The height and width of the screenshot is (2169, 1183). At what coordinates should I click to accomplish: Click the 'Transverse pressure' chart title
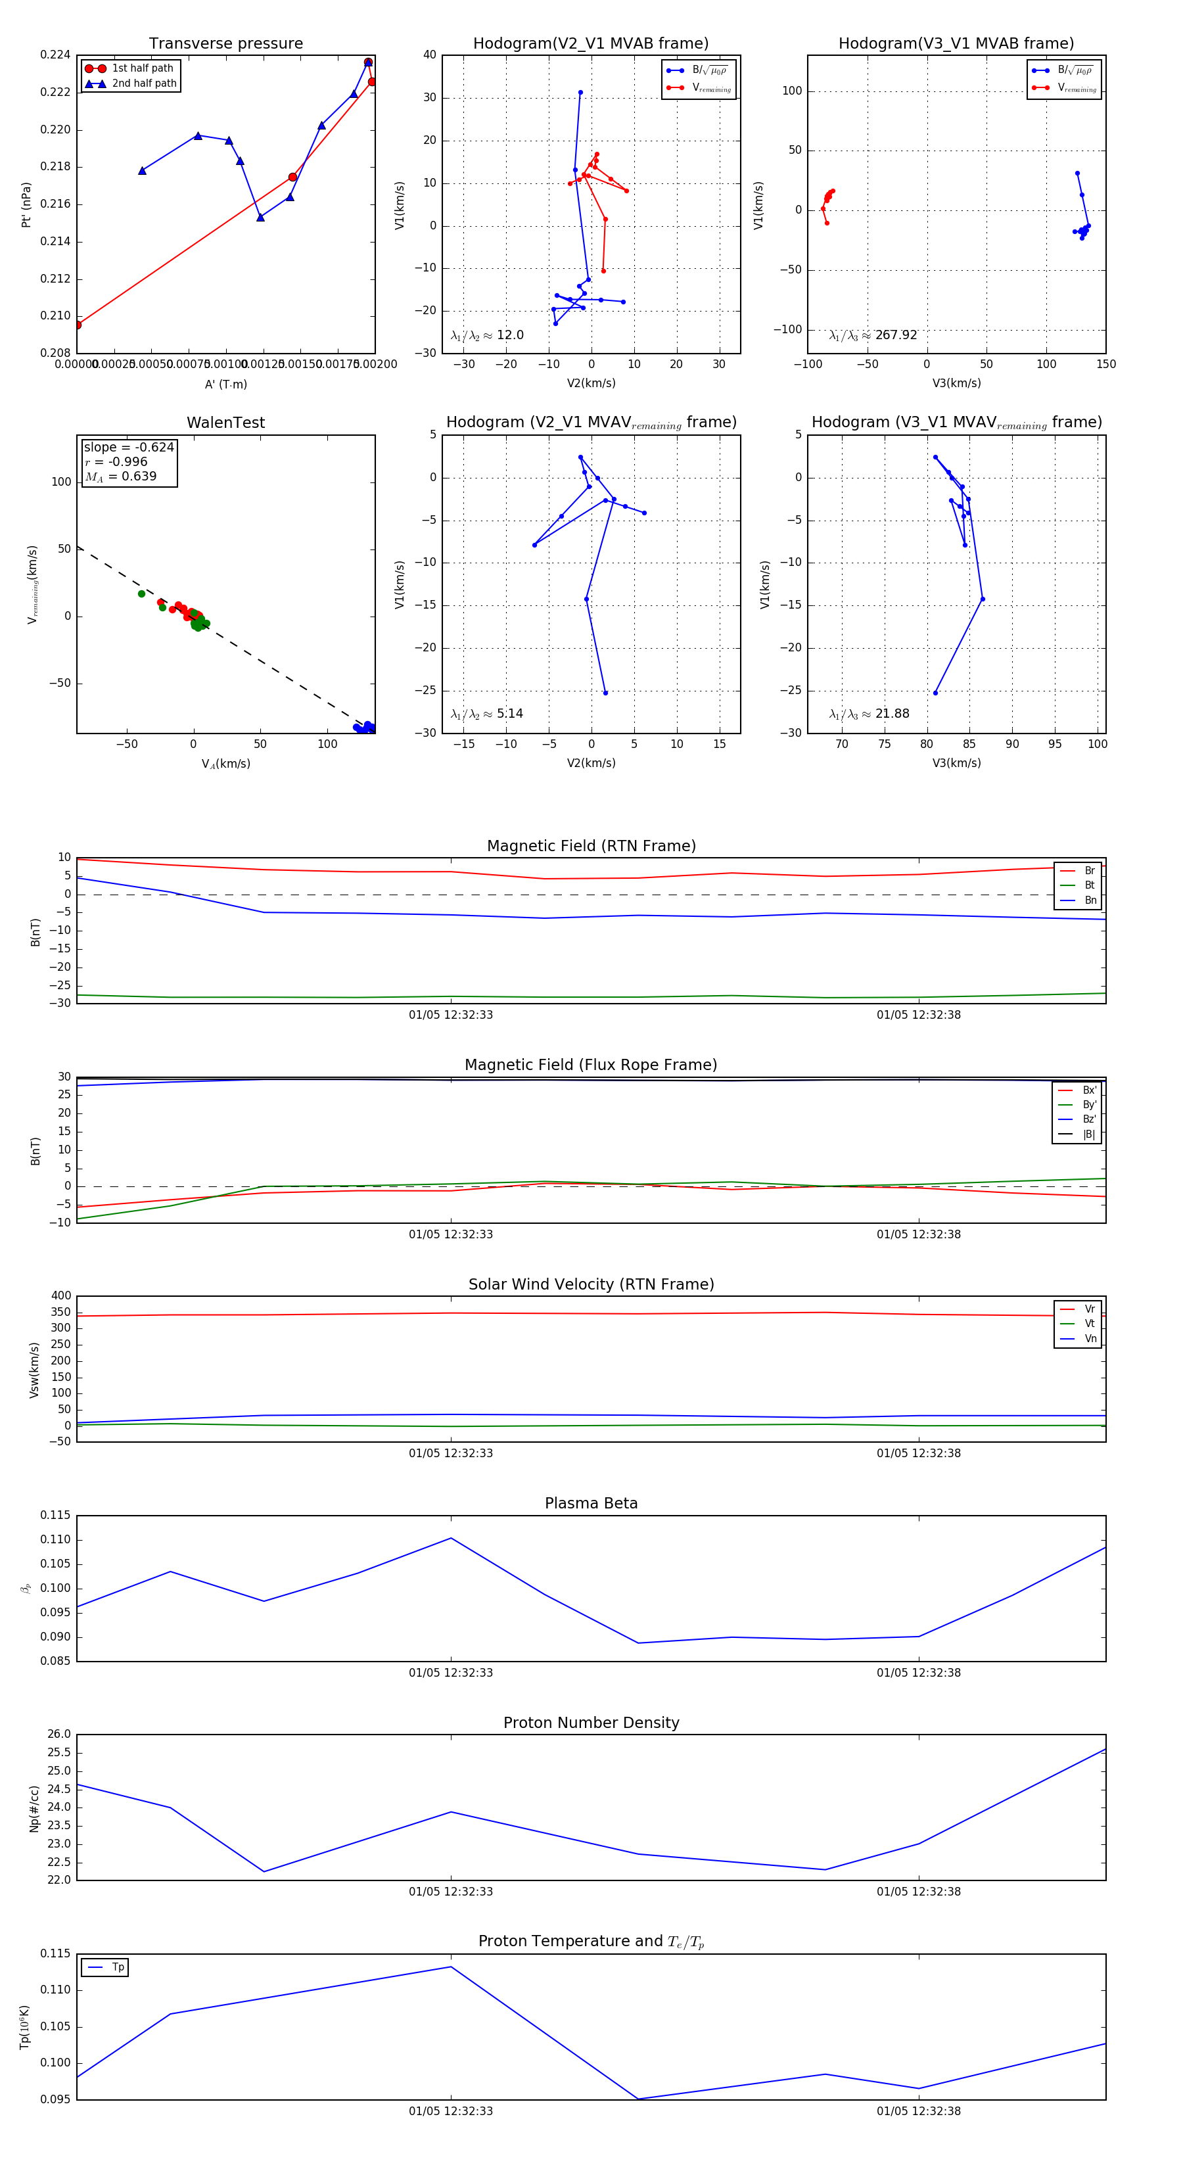click(225, 44)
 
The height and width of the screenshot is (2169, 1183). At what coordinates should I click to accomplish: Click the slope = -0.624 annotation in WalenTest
click(129, 447)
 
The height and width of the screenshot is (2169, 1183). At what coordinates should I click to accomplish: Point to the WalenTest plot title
click(225, 423)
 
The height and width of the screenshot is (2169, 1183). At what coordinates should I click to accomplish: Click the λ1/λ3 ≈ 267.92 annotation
click(873, 335)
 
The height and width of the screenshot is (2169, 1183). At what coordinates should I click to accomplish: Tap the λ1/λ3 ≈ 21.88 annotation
click(869, 714)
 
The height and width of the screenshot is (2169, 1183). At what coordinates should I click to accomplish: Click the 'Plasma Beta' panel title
click(591, 1504)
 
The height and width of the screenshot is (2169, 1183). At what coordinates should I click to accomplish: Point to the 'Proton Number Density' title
click(591, 1723)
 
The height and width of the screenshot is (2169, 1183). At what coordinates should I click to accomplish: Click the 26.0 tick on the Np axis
click(59, 1735)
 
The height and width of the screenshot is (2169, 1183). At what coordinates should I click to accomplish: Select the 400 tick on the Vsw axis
click(60, 1296)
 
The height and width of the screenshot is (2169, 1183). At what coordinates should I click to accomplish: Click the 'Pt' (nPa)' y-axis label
click(26, 204)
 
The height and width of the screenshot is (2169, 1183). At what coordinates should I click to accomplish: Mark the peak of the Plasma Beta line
click(450, 1538)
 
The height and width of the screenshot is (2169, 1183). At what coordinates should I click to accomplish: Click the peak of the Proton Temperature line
click(450, 1967)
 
